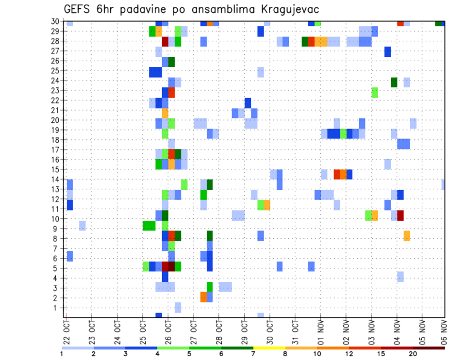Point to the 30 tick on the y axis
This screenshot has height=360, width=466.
tap(55, 21)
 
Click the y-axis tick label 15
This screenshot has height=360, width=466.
tap(55, 169)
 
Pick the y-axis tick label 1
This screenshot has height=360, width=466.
tap(57, 308)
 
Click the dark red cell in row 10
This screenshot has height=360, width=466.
tap(400, 215)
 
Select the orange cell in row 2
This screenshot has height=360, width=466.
tap(203, 297)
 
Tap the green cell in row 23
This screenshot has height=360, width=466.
tap(375, 92)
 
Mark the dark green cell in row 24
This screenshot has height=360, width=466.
tap(394, 82)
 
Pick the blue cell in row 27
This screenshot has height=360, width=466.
tap(387, 52)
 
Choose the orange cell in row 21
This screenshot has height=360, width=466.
tap(165, 113)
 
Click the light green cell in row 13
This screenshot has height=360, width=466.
tap(184, 184)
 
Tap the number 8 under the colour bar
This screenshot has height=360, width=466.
tap(286, 354)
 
